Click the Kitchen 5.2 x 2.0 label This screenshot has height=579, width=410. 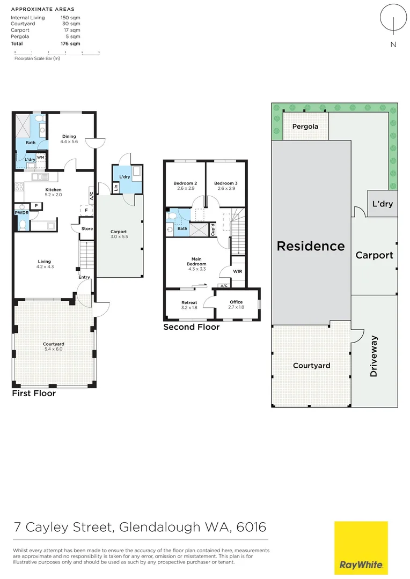[54, 192]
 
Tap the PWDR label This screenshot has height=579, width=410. [21, 213]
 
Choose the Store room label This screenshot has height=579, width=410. [87, 229]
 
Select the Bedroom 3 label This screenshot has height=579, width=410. [225, 186]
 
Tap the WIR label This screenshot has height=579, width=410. [238, 271]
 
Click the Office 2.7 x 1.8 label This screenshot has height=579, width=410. [237, 305]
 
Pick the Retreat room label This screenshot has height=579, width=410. [189, 305]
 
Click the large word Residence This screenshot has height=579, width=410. [311, 246]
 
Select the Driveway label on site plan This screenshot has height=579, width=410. [374, 355]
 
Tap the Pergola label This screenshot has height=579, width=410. [305, 127]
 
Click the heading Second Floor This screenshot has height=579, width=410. [192, 327]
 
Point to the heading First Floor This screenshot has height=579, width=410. [34, 394]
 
